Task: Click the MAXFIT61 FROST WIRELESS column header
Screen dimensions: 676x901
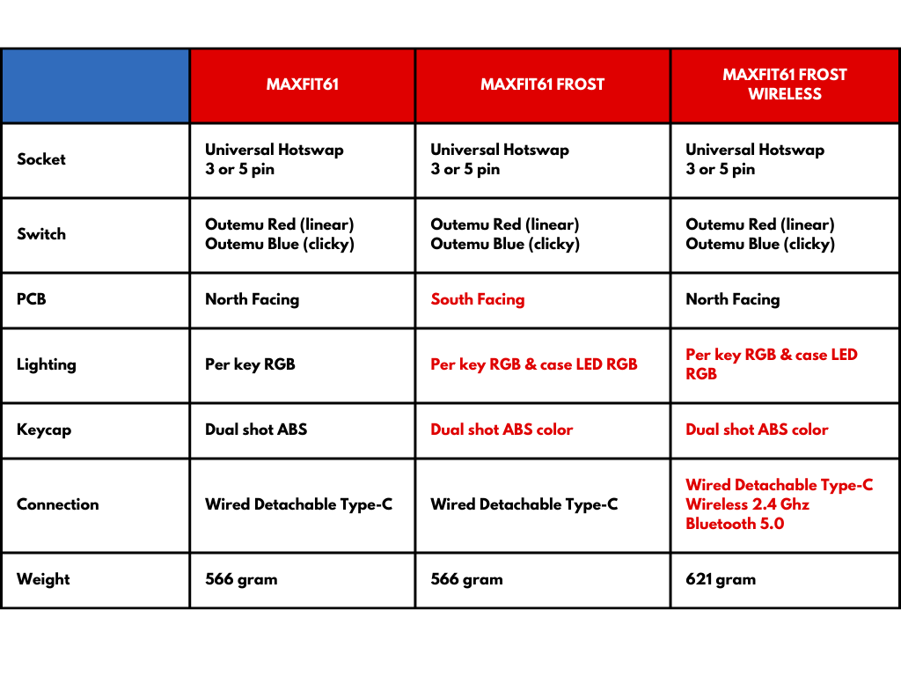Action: [x=785, y=84]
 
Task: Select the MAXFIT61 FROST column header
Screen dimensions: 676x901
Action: [x=542, y=84]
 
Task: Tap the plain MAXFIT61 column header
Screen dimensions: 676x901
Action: [x=303, y=84]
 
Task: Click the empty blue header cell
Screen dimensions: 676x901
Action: [x=95, y=85]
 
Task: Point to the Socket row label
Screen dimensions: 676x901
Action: [x=41, y=159]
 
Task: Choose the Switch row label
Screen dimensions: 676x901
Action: [x=41, y=234]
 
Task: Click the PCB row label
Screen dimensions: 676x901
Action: [x=32, y=299]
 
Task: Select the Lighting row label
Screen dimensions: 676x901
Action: [x=47, y=364]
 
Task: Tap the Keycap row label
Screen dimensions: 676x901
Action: [x=44, y=430]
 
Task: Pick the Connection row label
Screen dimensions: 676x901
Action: [x=58, y=504]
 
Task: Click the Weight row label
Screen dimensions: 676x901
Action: [x=43, y=579]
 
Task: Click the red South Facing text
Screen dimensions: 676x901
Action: [x=478, y=299]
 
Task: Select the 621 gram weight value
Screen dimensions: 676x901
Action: [x=721, y=579]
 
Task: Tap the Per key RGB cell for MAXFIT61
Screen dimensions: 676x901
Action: [x=250, y=364]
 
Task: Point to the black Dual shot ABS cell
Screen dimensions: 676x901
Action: [x=256, y=430]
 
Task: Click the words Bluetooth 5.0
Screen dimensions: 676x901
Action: [x=735, y=524]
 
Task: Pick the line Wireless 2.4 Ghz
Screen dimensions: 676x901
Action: [x=748, y=504]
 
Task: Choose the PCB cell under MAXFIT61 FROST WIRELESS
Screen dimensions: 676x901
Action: [x=733, y=299]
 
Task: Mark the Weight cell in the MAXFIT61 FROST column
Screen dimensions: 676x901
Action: [x=466, y=579]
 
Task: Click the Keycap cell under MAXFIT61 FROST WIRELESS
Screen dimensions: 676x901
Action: [x=757, y=430]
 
